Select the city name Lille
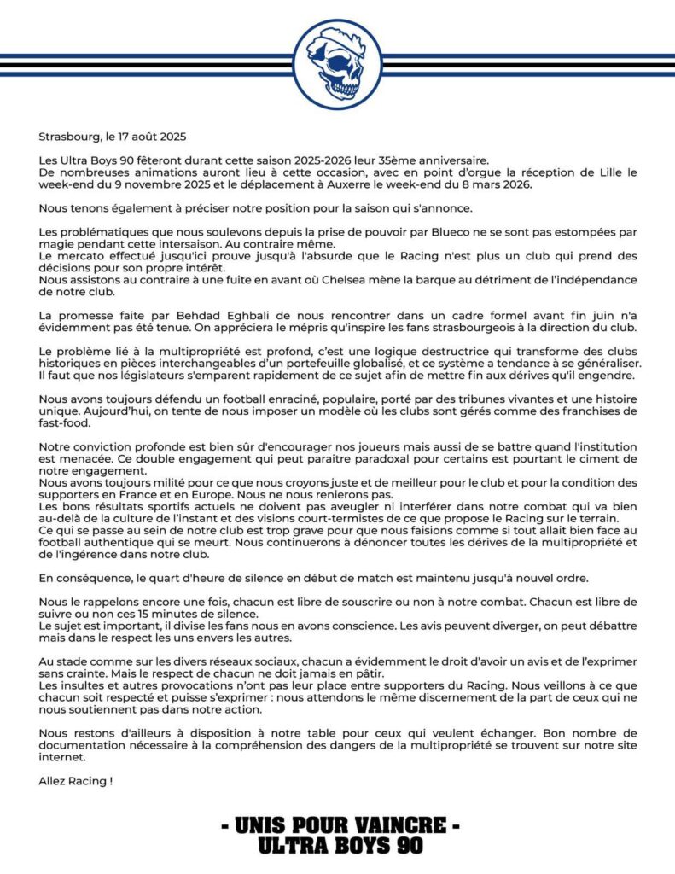604,172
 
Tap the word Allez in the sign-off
52,780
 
